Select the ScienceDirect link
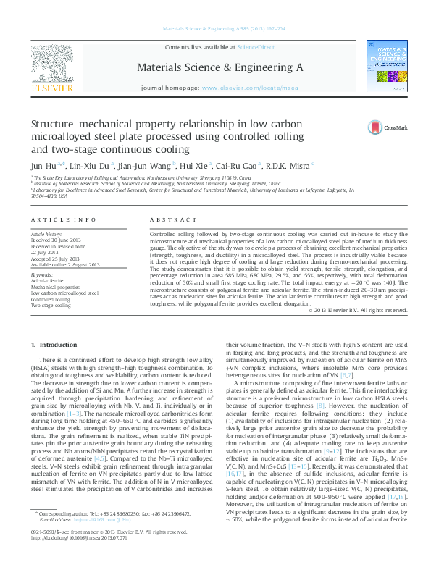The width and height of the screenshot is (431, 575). (x=257, y=47)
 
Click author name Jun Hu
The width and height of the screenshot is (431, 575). (x=42, y=164)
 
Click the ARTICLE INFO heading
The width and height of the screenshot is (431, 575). (x=64, y=219)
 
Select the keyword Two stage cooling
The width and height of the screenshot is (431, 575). (x=51, y=304)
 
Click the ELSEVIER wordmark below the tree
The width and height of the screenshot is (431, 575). (x=52, y=88)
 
